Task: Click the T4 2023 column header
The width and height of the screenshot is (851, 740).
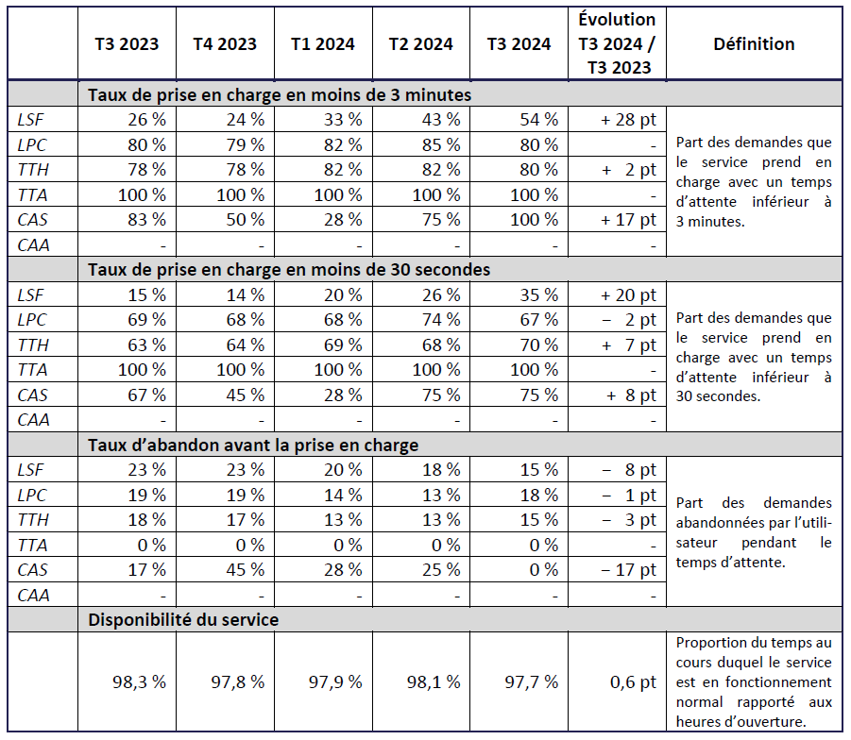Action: [225, 44]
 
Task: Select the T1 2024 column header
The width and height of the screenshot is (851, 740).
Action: [323, 44]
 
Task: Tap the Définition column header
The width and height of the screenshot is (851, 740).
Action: [754, 44]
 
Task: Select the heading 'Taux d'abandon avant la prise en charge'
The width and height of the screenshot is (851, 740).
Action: [253, 445]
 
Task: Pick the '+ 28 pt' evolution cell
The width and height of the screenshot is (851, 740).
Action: [628, 120]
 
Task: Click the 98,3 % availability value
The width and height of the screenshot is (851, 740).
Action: [139, 682]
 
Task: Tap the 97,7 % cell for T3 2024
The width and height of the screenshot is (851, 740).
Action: [532, 682]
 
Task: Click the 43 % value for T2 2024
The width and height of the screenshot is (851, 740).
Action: [440, 120]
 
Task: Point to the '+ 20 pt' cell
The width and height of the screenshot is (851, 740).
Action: [628, 295]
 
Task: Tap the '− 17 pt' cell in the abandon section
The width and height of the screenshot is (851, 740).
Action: [628, 570]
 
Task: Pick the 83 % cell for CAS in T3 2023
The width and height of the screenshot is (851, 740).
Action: [146, 220]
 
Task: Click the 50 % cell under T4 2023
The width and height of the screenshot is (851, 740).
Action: [245, 220]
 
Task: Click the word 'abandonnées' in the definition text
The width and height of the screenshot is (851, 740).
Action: [718, 523]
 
